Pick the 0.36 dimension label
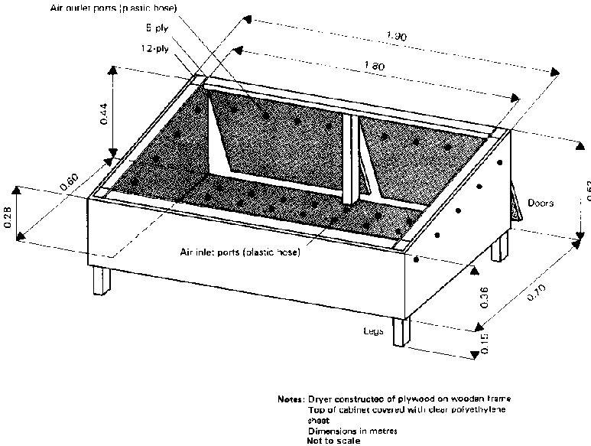pyautogui.click(x=482, y=299)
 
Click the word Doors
pyautogui.click(x=541, y=204)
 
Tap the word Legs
pyautogui.click(x=373, y=332)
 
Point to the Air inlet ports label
pyautogui.click(x=239, y=252)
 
